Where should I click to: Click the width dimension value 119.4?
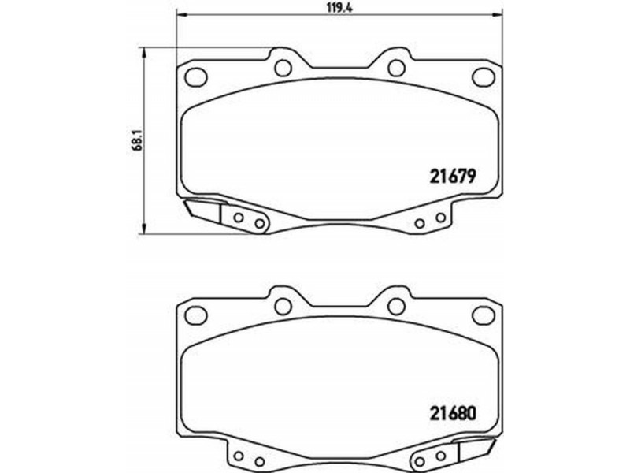click(340, 7)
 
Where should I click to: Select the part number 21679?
click(453, 176)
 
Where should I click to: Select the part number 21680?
click(453, 413)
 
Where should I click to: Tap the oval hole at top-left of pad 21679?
click(195, 76)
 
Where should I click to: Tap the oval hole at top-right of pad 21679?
click(483, 76)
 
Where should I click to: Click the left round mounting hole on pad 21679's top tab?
click(283, 68)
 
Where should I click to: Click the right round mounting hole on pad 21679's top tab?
click(397, 68)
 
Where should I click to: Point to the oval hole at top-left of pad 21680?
click(195, 315)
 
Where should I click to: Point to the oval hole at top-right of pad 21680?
click(483, 315)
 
